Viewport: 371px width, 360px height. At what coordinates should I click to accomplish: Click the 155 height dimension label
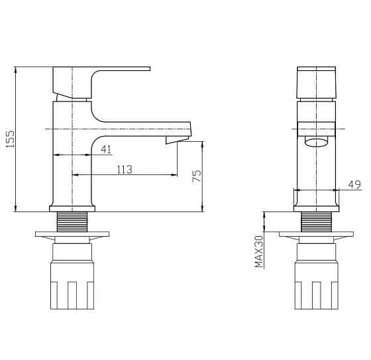11,139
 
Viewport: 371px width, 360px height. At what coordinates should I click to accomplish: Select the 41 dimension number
106,149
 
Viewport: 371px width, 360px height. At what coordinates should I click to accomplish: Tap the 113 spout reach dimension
125,169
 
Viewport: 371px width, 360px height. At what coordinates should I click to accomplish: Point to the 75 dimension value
197,176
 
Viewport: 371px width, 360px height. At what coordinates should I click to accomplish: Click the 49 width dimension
354,184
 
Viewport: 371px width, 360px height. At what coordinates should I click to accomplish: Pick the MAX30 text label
259,251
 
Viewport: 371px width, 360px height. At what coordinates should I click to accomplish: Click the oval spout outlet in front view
317,143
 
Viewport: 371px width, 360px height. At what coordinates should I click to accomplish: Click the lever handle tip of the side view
149,69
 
